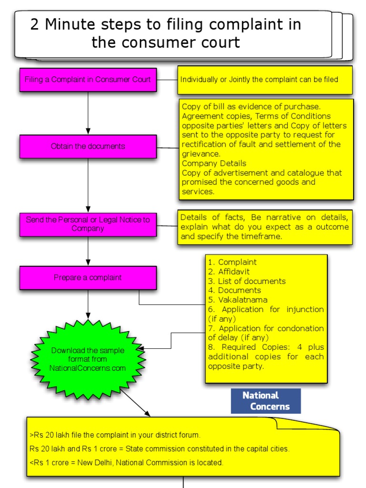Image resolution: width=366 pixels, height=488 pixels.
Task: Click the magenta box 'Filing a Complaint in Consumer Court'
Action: point(88,80)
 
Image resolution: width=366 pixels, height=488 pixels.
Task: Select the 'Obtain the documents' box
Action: point(88,146)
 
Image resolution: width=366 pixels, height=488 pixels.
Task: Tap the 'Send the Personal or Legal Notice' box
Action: point(88,224)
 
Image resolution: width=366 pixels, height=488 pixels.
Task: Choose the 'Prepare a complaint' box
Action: point(88,277)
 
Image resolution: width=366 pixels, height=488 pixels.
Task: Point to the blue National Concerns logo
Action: point(266,401)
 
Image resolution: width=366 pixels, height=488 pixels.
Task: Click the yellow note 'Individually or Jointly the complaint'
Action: point(265,80)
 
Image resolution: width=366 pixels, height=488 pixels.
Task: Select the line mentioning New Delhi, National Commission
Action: point(126,462)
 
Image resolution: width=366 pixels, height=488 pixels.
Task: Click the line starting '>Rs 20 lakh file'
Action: point(115,435)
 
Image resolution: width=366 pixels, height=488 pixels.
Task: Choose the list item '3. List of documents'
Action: point(246,281)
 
